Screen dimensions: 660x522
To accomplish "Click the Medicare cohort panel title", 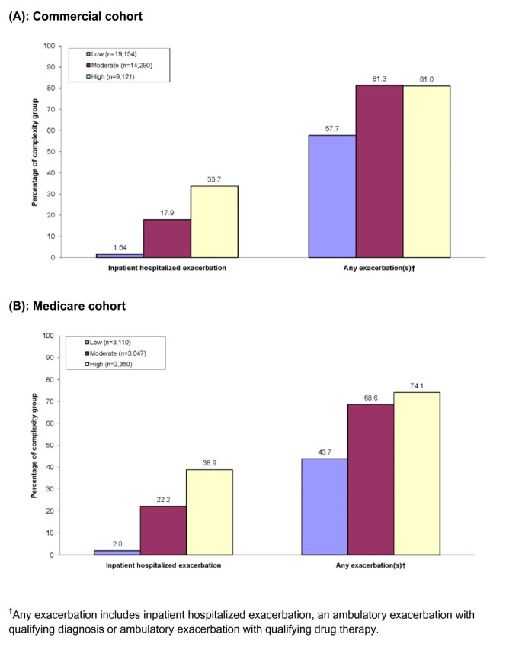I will coord(68,306).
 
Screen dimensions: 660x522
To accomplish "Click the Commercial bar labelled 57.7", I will coord(331,196).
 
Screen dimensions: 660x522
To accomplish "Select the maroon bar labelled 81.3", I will coord(379,171).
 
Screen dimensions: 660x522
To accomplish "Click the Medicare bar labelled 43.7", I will coord(325,507).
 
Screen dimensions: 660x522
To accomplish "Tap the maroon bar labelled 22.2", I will coord(162,530).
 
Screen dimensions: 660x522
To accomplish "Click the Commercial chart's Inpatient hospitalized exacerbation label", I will coord(167,268).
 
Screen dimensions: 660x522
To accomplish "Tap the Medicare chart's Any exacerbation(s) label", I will coord(371,565).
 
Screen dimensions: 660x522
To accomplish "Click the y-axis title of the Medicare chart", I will coord(34,446).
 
